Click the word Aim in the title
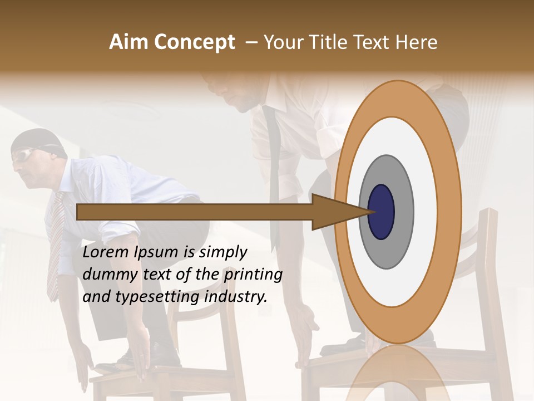click(x=128, y=42)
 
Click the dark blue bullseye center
click(x=381, y=212)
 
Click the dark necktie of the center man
click(x=272, y=167)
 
